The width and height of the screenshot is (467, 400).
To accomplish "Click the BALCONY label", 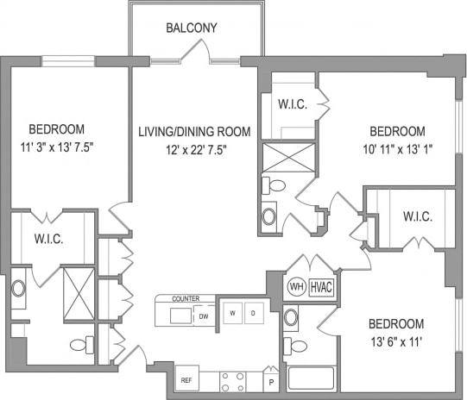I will click(192, 28).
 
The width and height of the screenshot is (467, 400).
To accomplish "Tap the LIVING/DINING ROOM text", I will click(194, 132).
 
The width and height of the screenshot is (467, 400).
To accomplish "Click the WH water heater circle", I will click(295, 286).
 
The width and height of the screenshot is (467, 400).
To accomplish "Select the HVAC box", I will click(322, 286).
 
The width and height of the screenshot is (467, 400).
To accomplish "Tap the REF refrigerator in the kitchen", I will click(185, 378).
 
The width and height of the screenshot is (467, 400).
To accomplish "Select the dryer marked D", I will click(252, 312).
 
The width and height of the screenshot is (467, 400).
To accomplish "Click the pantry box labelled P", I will click(270, 380).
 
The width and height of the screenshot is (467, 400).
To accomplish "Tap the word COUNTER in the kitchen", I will click(186, 298).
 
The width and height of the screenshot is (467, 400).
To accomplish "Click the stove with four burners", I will click(233, 379).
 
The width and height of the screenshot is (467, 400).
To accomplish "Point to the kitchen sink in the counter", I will click(181, 316).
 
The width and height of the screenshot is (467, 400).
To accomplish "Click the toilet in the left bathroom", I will click(79, 345).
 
